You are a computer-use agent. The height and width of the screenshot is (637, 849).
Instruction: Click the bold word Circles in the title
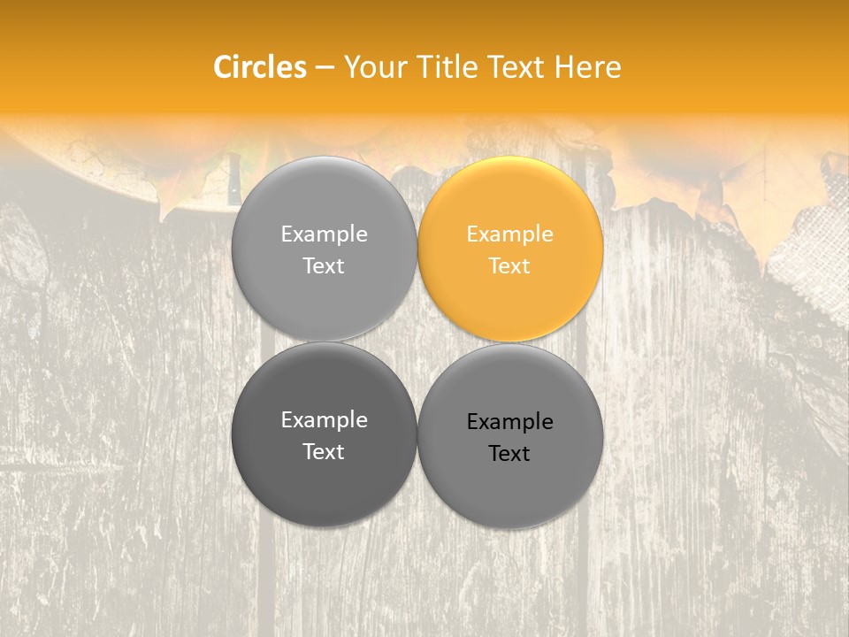[260, 67]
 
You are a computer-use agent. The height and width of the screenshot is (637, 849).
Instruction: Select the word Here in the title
[587, 67]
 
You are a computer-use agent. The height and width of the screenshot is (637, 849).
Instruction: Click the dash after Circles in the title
[325, 68]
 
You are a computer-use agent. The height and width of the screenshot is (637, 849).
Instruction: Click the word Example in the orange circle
[510, 234]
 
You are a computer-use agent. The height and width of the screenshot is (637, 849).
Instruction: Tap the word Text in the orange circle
[510, 265]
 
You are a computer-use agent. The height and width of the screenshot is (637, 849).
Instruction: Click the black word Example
[510, 422]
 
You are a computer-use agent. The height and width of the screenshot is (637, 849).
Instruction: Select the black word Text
[510, 454]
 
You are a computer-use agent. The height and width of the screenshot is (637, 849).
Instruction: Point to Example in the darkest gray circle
[324, 420]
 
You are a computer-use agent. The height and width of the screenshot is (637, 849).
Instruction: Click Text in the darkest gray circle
[324, 451]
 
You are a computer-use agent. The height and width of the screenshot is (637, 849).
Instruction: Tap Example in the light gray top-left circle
[324, 234]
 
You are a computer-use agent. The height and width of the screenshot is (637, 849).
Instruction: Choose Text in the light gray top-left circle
[324, 265]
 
